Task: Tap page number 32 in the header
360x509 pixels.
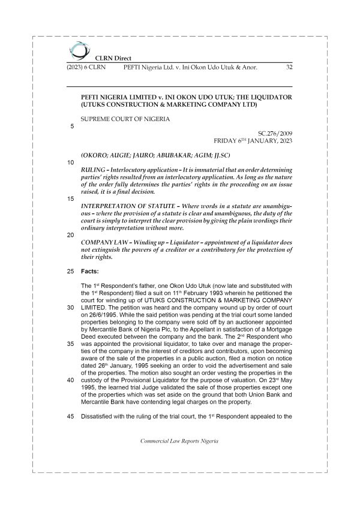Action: [289, 67]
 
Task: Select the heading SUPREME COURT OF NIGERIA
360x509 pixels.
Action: [125, 119]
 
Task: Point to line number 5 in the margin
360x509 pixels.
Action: [73, 127]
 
